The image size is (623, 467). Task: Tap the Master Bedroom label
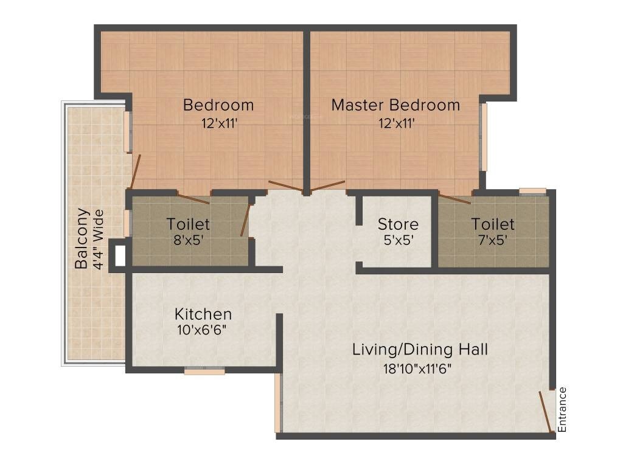395,105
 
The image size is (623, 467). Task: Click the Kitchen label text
203,314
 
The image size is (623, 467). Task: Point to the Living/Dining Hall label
420,350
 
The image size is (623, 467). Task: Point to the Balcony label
82,238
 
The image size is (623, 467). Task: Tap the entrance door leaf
545,411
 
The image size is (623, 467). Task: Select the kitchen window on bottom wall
204,371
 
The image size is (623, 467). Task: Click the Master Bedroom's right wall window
484,137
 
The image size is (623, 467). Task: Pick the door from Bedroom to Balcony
135,172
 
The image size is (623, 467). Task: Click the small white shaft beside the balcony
120,255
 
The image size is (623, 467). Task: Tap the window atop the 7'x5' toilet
532,191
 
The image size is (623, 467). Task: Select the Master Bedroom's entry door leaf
329,185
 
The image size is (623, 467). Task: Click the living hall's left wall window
277,403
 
